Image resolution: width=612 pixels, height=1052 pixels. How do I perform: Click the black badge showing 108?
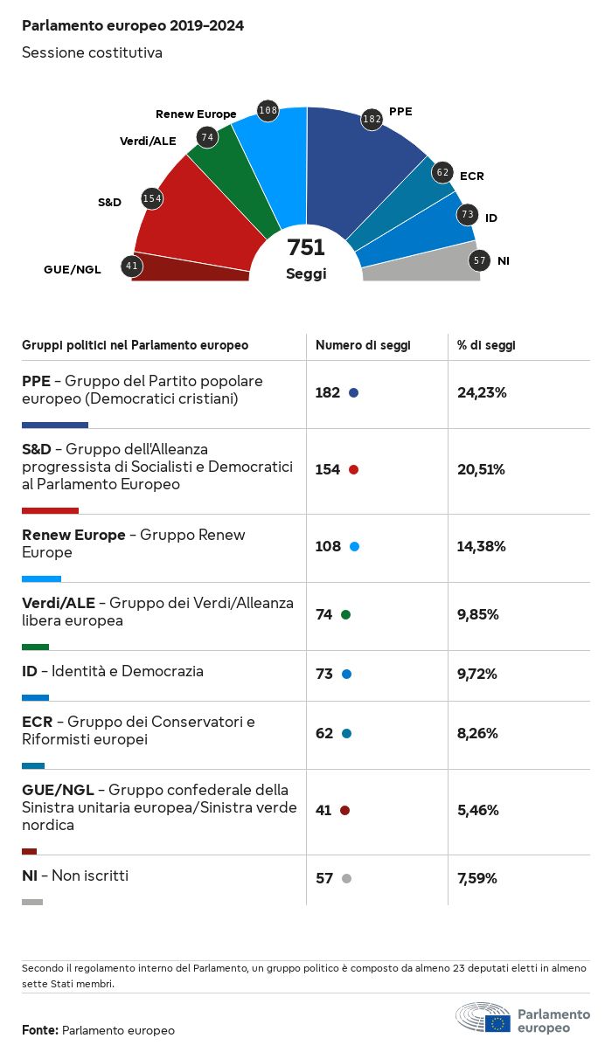click(x=268, y=110)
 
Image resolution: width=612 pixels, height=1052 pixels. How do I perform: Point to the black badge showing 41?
click(x=132, y=266)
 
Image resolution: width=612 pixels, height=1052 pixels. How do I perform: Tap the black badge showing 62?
click(x=443, y=172)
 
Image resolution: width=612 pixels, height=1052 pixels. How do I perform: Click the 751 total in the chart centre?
click(x=306, y=247)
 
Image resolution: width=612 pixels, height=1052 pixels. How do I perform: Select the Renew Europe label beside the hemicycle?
click(x=196, y=114)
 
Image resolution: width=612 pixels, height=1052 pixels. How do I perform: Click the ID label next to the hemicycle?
click(x=490, y=218)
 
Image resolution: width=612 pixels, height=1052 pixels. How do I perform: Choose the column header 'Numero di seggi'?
click(x=363, y=345)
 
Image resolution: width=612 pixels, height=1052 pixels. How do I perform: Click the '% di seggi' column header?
click(x=486, y=345)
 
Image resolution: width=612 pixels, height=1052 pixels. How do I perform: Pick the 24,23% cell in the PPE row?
click(x=482, y=392)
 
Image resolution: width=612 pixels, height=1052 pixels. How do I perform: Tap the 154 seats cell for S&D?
click(x=327, y=469)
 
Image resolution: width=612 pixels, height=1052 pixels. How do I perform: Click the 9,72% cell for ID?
click(x=477, y=674)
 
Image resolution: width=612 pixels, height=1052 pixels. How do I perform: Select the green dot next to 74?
click(x=345, y=615)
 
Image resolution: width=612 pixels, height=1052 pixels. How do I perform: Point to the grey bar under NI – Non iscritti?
click(x=32, y=902)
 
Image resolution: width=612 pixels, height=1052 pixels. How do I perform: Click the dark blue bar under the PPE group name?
click(x=55, y=426)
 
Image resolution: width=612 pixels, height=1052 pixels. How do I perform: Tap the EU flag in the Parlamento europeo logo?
click(x=498, y=1022)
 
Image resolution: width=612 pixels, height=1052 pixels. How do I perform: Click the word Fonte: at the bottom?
click(x=40, y=1030)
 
